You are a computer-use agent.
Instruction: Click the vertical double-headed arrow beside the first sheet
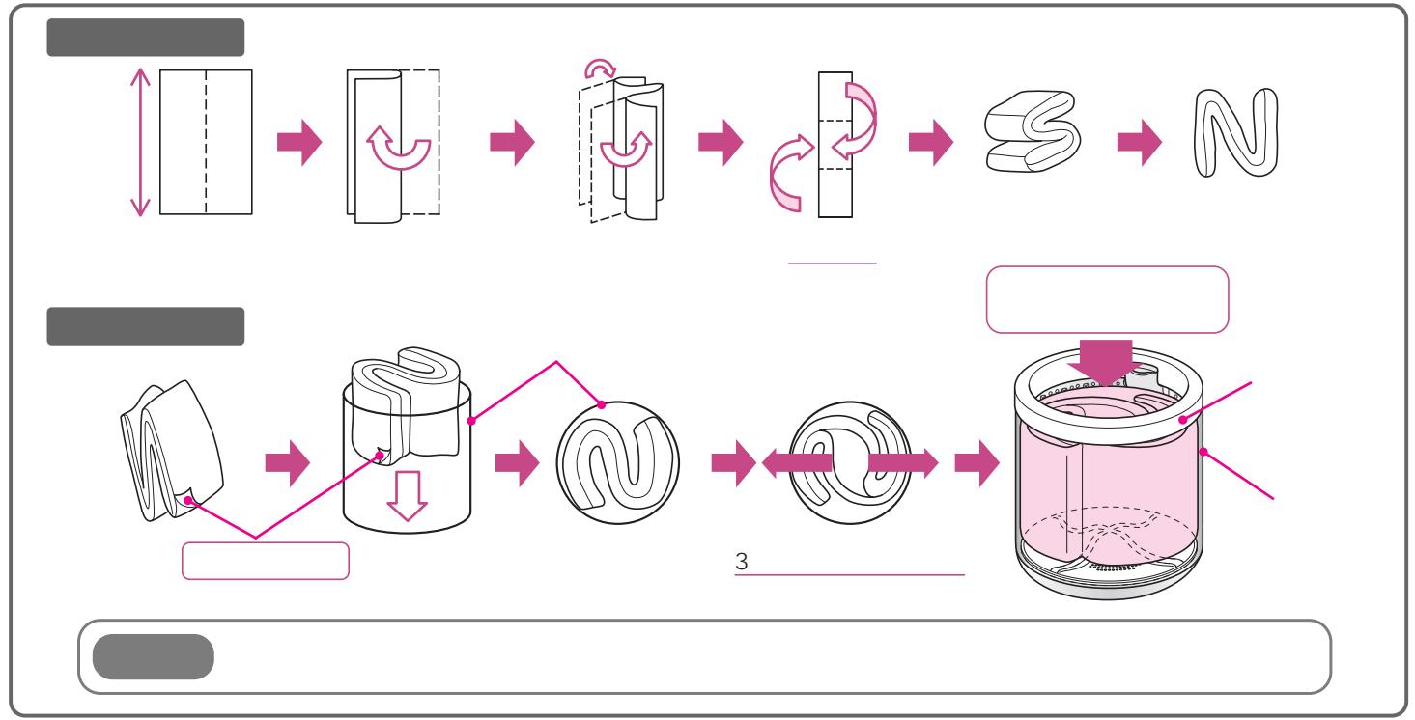(140, 143)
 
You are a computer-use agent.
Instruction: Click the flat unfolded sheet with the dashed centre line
(206, 142)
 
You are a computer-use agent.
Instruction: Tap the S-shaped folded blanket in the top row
(1033, 131)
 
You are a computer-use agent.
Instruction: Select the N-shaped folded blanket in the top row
(1235, 132)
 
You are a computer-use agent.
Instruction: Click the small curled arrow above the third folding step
(600, 69)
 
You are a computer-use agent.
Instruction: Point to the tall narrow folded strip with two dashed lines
(835, 145)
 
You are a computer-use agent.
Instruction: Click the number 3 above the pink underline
(742, 561)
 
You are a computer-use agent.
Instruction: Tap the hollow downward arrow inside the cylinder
(408, 496)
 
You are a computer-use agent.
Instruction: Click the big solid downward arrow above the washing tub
(1106, 362)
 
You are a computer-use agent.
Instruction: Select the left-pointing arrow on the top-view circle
(797, 463)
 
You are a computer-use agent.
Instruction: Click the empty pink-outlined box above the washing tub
(1107, 300)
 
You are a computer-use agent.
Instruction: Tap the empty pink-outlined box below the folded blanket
(266, 561)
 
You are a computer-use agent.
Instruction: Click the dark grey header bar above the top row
(146, 38)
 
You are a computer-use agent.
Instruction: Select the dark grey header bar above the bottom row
(146, 326)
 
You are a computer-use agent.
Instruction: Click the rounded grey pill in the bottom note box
(154, 657)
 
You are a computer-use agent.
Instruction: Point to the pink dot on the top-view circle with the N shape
(602, 405)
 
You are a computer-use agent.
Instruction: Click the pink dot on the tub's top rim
(1183, 420)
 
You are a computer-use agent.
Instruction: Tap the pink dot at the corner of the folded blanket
(187, 500)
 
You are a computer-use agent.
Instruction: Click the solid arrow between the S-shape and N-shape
(1140, 142)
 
